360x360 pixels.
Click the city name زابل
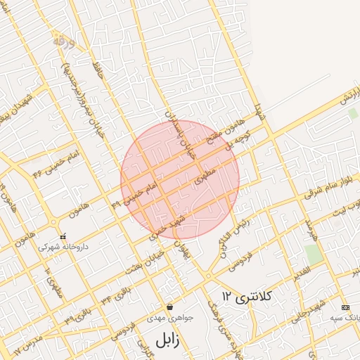[x=163, y=341]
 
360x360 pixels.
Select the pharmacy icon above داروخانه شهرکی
[x=64, y=236]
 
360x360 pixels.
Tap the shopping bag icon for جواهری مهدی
[x=170, y=307]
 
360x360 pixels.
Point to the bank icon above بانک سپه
[x=345, y=308]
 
